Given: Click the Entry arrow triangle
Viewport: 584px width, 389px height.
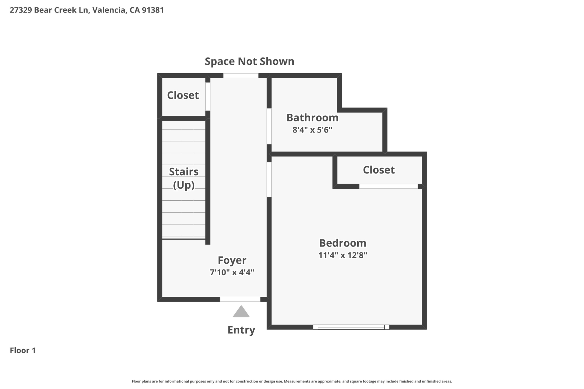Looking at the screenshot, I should pos(241,312).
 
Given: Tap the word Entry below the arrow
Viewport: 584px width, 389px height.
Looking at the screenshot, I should pos(241,330).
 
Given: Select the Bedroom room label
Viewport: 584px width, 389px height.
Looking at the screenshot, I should pos(342,243).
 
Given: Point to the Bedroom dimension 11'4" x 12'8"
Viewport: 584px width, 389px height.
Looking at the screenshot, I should pos(342,255).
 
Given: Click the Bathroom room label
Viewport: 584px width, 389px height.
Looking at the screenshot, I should pos(312,118).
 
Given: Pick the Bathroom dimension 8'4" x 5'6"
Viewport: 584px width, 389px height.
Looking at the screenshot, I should pos(312,130).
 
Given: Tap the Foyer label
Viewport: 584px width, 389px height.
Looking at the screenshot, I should pos(232,260).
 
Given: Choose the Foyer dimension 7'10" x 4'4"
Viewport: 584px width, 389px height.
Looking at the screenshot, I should pos(232,272).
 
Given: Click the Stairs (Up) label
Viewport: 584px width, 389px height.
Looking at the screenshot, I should pos(184,178).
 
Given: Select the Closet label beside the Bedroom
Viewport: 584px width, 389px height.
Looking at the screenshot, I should pos(379,170).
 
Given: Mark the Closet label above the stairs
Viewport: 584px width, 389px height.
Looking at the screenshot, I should pos(183,95).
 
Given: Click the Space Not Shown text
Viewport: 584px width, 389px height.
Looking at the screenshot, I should pos(250,62).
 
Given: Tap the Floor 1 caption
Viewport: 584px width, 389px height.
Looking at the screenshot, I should pos(23,350).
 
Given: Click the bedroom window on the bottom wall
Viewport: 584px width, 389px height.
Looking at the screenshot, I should pos(351,327).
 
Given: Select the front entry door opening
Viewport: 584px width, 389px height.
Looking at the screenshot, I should pos(240,299).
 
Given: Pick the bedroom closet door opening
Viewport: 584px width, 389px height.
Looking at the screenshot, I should pos(388,186).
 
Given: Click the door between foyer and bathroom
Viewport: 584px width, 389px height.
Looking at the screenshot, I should pos(269,126).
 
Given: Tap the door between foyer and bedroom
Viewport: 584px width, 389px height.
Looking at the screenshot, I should pos(269,180).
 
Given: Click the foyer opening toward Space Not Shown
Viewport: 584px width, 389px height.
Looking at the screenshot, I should pos(241,76).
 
